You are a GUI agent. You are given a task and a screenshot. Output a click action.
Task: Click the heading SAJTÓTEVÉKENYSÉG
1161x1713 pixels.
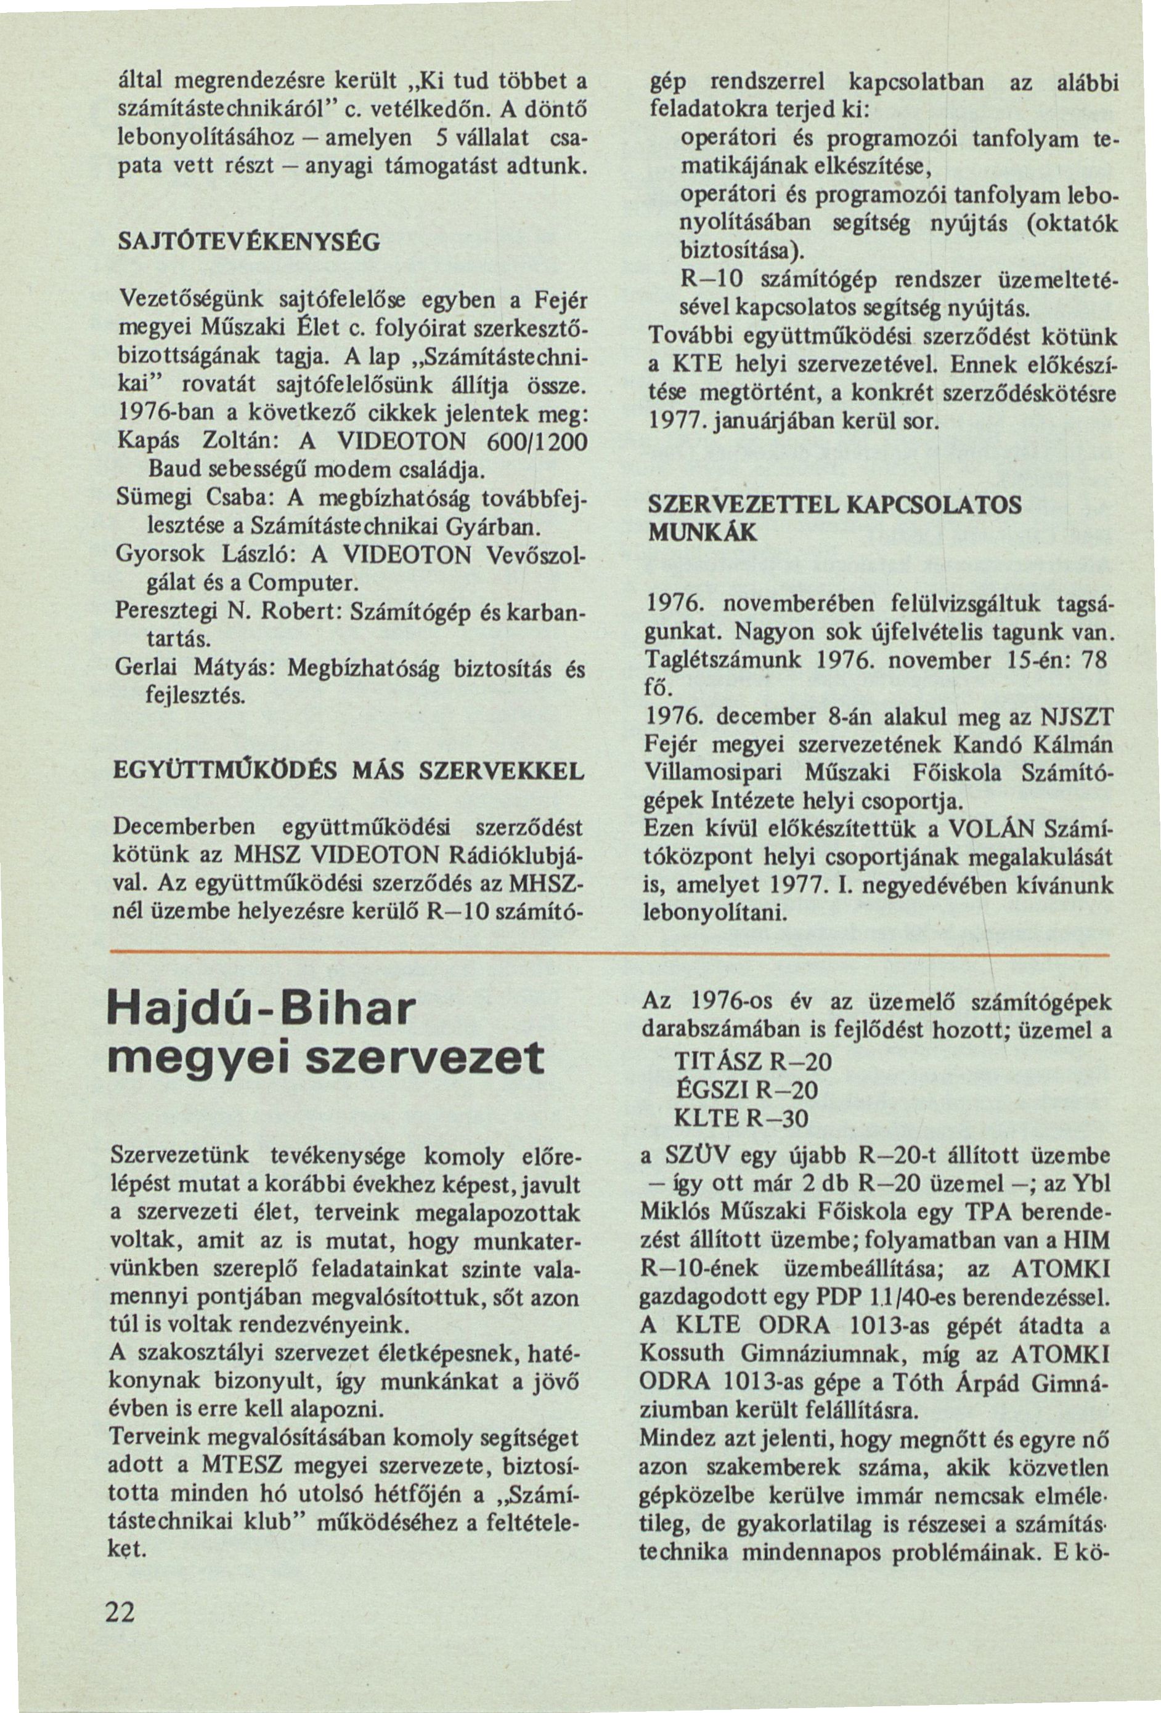[x=250, y=242]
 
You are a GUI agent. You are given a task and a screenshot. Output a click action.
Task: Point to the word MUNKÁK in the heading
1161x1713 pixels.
[x=701, y=533]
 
